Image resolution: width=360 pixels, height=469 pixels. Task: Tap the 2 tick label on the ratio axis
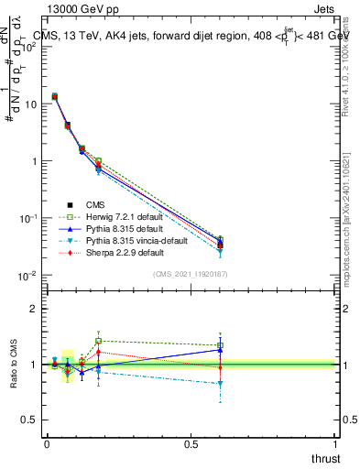coord(34,309)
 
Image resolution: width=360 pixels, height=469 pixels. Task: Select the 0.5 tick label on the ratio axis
coord(29,420)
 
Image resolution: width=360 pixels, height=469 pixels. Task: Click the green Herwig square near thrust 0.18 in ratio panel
coord(98,341)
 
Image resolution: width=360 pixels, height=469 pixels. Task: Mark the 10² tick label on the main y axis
coord(29,47)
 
